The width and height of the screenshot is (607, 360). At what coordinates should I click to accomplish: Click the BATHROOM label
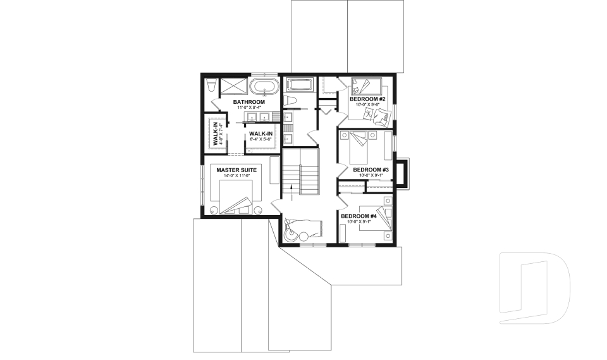coord(248,102)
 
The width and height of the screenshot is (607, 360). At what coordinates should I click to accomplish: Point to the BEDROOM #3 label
coord(370,170)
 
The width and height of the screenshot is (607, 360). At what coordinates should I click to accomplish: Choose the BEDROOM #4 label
coord(359,216)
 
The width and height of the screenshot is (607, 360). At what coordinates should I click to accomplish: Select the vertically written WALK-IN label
coord(215,133)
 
